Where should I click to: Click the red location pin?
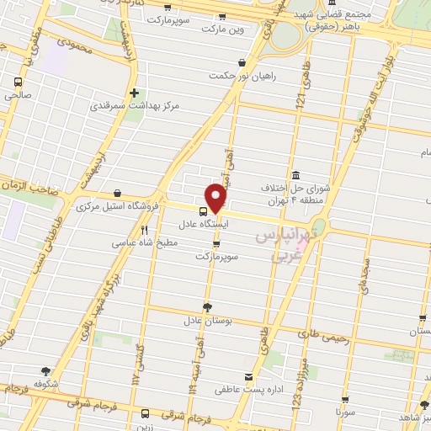tap(216, 198)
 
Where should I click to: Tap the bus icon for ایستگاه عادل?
tap(204, 211)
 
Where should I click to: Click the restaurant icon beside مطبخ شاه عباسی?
tap(145, 229)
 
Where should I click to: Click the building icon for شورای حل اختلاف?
tap(295, 175)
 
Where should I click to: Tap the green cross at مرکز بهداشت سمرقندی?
tap(134, 93)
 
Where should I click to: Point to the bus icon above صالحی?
tap(18, 82)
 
